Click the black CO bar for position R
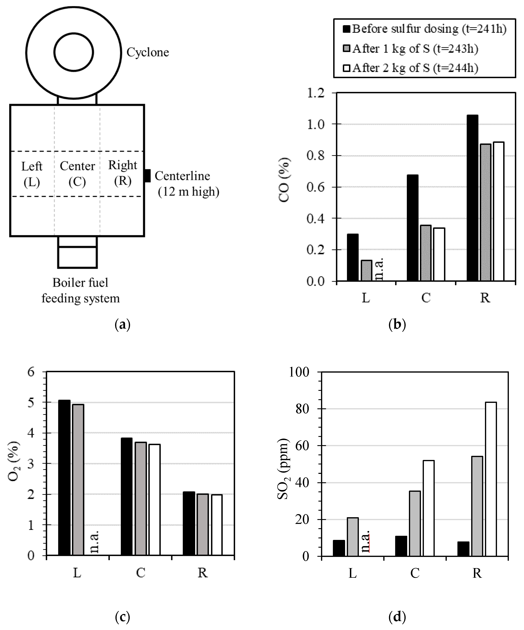click(472, 198)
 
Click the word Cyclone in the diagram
click(148, 52)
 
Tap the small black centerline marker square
click(147, 176)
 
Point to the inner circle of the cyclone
click(73, 52)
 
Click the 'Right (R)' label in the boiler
click(122, 173)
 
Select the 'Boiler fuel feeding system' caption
click(81, 290)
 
